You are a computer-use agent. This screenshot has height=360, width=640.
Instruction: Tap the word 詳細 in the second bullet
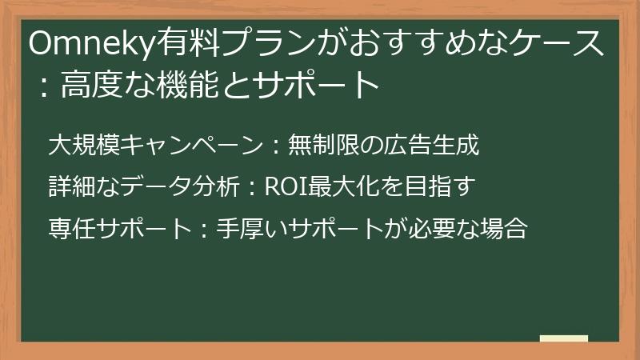pyautogui.click(x=70, y=188)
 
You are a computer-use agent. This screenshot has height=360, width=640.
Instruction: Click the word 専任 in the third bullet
pyautogui.click(x=70, y=230)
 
